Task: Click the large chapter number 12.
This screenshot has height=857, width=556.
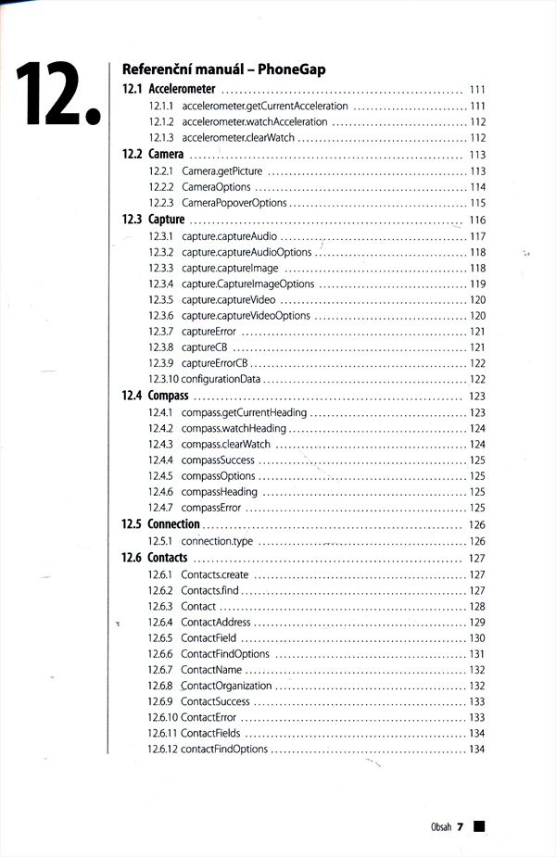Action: pos(56,95)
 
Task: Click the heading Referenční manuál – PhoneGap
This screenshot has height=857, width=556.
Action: pos(217,69)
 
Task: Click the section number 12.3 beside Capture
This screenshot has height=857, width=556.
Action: pos(132,220)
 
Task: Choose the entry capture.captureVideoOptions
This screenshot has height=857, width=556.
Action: pos(246,316)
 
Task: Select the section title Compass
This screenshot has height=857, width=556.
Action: pos(168,396)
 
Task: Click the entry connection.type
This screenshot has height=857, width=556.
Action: pos(217,541)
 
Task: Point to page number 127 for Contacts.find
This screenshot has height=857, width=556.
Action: pos(477,590)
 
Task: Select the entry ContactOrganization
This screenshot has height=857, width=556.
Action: pos(226,686)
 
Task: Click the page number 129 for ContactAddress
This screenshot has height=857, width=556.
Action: pos(477,623)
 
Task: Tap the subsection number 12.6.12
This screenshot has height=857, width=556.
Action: pos(163,749)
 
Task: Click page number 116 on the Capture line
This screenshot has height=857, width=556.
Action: pos(477,221)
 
